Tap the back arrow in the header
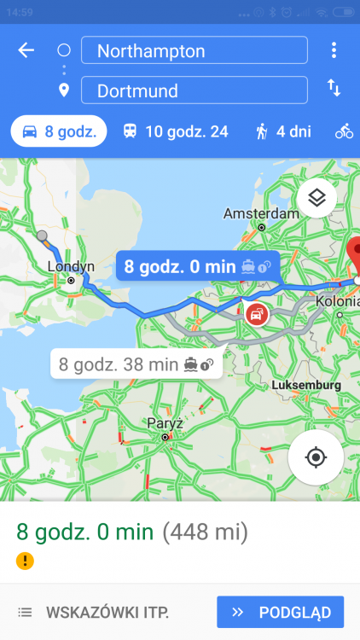pos(26,50)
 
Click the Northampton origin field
pos(194,50)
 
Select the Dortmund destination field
pos(194,90)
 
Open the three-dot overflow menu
pos(334,50)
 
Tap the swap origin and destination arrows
pos(334,88)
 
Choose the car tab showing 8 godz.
pos(59,131)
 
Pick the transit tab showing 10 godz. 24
pos(175,131)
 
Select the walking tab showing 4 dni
pos(282,131)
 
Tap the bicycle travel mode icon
pos(344,131)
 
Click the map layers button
pos(316,199)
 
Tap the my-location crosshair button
pos(316,457)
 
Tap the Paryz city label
pos(165,423)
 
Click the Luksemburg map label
pos(305,386)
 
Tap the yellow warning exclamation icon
pos(25,561)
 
